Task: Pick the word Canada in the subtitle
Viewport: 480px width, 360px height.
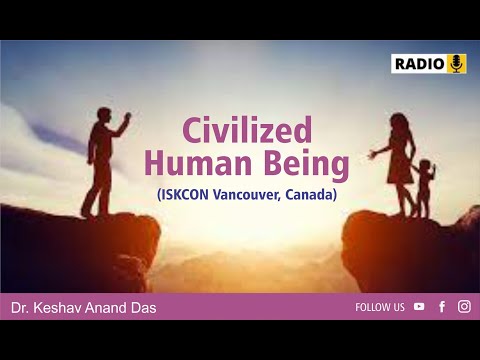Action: click(x=310, y=194)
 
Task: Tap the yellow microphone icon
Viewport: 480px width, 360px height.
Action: click(x=457, y=64)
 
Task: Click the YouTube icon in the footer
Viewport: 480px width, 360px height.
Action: click(x=419, y=307)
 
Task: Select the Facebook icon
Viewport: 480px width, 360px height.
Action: click(x=442, y=307)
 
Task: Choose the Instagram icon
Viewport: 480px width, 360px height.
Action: click(x=464, y=307)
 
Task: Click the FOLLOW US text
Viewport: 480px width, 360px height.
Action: click(x=380, y=307)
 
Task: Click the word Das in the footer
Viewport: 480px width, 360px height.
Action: click(x=141, y=308)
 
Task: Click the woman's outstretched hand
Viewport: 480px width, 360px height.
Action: click(x=372, y=155)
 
